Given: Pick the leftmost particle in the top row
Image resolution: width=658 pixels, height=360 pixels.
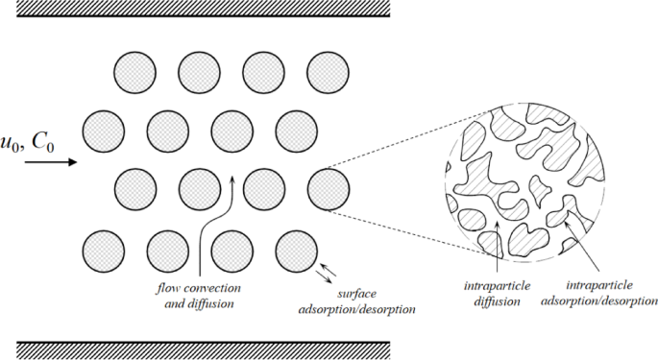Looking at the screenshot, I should tap(134, 71).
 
